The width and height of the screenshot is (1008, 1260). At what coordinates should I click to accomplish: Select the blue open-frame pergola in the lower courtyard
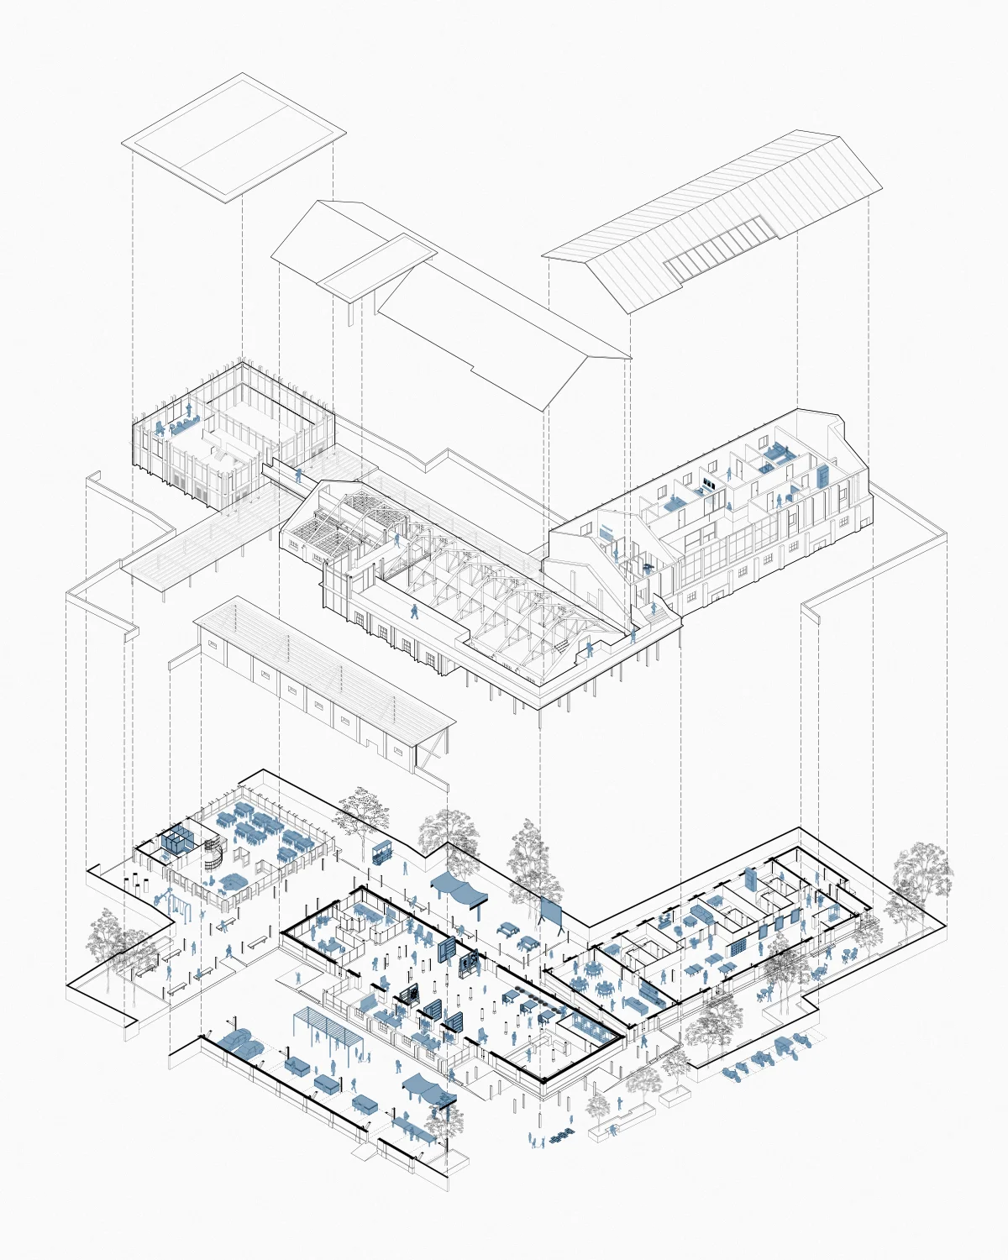(x=328, y=1029)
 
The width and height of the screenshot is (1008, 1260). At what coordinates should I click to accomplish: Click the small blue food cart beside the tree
(x=382, y=852)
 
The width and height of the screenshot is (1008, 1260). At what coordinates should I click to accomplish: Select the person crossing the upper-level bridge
(x=301, y=475)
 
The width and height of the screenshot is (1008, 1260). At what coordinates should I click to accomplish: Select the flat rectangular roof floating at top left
(x=234, y=138)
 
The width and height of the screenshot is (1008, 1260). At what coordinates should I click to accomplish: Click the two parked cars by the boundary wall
(x=239, y=1042)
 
